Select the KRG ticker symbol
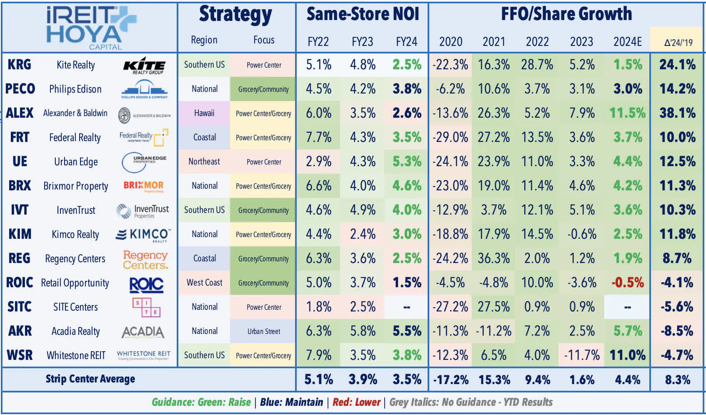(19, 65)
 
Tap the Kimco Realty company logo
(143, 235)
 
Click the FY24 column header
(406, 42)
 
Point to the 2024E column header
(627, 42)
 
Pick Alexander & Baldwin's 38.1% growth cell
(677, 113)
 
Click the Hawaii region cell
(204, 113)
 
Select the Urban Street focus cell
(263, 331)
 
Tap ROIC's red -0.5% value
(627, 283)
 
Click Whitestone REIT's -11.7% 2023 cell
(582, 355)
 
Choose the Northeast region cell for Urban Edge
(204, 162)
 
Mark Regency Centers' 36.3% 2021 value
(494, 258)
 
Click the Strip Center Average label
(90, 379)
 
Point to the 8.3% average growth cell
(677, 380)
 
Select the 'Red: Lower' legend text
(356, 402)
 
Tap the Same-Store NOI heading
(363, 14)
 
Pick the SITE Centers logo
(146, 307)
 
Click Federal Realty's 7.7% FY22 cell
(318, 137)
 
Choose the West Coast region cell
(204, 283)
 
